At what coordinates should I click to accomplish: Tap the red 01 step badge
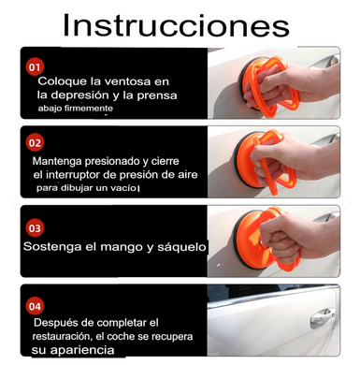[36, 67]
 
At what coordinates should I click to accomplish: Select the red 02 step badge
[36, 143]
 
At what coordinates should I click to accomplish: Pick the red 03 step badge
[36, 227]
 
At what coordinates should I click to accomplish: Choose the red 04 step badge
[36, 306]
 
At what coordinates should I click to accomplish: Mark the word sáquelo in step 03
[163, 249]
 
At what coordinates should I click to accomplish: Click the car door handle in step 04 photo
[323, 314]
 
